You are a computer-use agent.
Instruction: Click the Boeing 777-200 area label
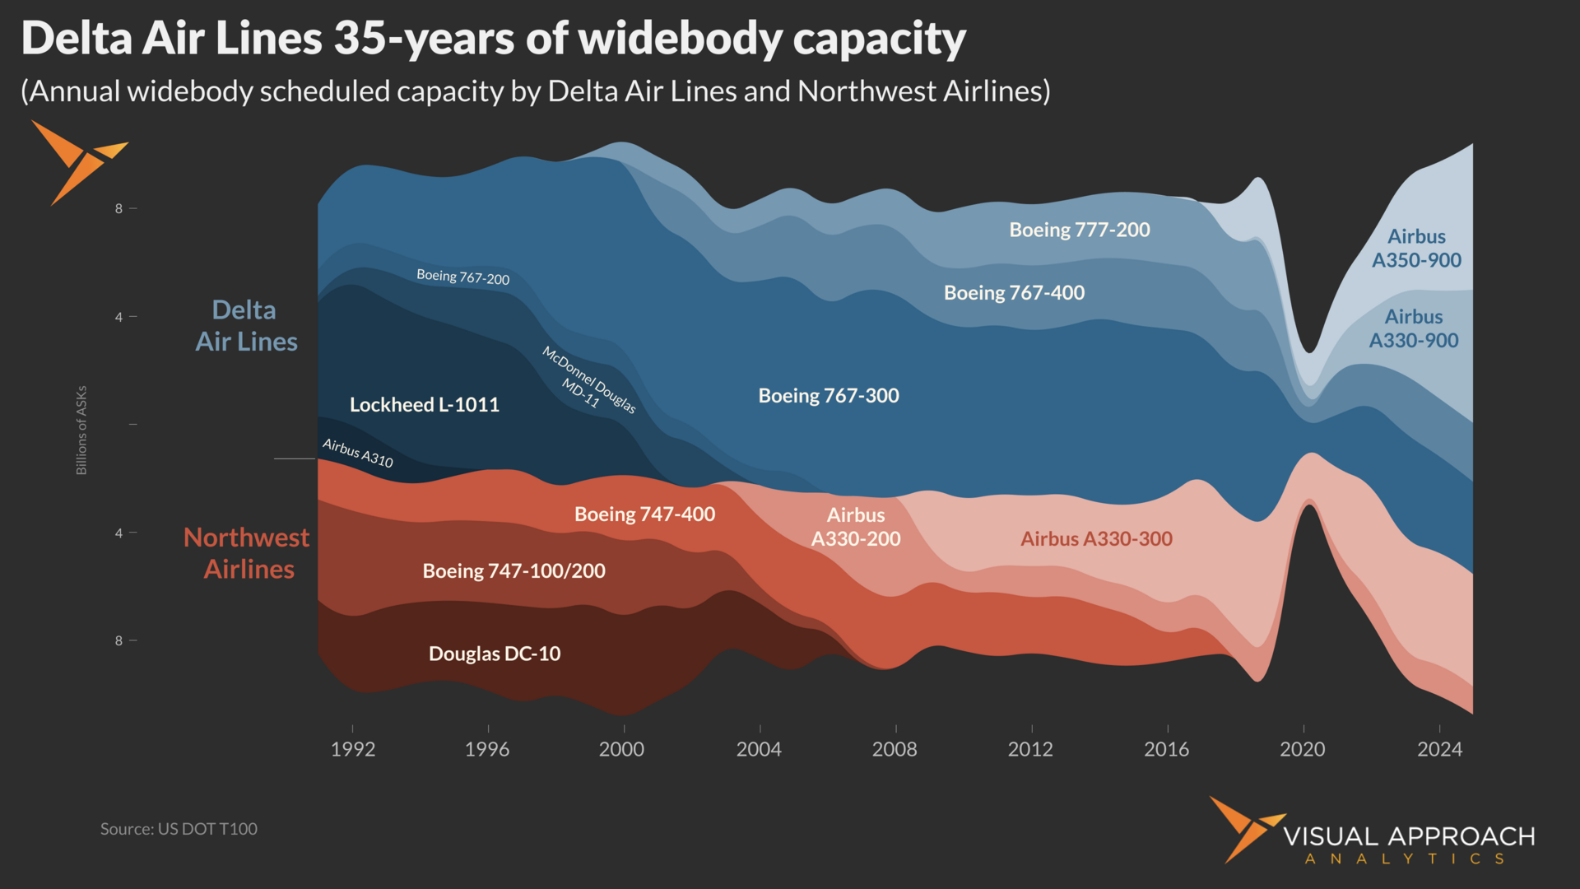[1080, 230]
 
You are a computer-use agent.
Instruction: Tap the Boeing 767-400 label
[1014, 292]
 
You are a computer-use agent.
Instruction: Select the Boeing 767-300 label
[828, 395]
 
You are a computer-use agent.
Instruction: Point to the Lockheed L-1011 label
[424, 404]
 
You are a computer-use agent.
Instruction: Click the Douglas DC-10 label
[495, 654]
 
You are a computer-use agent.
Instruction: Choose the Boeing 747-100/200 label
[513, 570]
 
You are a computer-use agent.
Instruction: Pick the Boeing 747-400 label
[644, 514]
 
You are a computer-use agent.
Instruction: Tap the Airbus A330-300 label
[1096, 538]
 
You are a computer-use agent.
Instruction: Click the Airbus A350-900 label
[1416, 248]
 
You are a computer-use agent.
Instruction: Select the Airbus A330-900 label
[1413, 328]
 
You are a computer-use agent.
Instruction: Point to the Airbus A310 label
[357, 452]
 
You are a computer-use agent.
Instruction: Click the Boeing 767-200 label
[462, 277]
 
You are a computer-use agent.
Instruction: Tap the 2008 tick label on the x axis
[895, 749]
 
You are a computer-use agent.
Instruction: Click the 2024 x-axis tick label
[1439, 749]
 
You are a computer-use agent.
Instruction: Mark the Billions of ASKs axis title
[81, 430]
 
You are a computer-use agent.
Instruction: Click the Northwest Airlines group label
[247, 553]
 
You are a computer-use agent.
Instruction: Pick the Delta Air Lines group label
[245, 326]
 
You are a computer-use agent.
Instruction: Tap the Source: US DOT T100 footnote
[179, 829]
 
